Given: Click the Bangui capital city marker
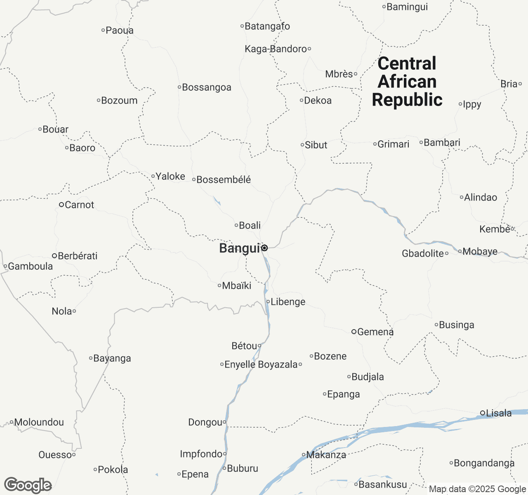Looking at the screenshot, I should coord(264,248).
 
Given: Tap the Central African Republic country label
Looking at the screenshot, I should coord(407,82).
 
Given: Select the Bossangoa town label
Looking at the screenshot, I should coord(206,87).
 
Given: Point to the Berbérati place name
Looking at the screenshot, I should coord(78,256).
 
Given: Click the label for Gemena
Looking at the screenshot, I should coord(375,332).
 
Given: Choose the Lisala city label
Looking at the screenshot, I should coord(499,413).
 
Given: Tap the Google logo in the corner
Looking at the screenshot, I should coord(28,485).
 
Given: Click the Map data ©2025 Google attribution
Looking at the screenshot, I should coord(477,489).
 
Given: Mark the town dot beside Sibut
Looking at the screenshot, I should coord(302,145).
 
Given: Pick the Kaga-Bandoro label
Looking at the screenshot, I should coord(276,49).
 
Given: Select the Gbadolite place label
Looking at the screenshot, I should coord(423,253).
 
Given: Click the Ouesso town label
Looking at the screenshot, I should coord(55,455).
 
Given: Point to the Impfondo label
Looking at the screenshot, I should coord(201,454).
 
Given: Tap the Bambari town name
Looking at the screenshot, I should coord(442,142).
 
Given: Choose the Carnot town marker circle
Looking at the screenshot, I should coord(61,205).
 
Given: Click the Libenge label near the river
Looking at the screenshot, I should coord(288,302).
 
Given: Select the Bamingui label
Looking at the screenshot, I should coord(407,7).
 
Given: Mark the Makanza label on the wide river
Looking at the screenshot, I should coord(326,455).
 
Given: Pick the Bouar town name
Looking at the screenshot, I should coord(55,129).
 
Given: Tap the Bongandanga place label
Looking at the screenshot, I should coord(484,463).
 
